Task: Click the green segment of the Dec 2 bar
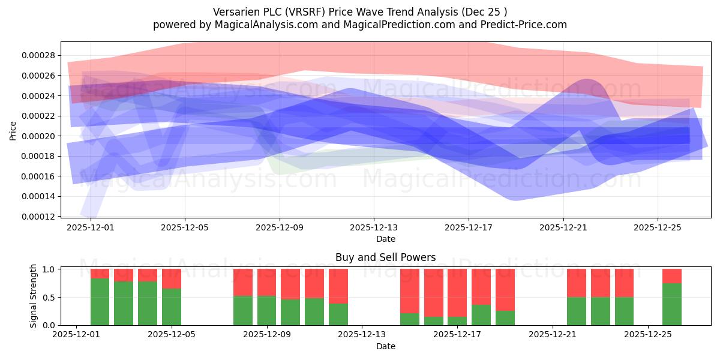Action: click(x=100, y=301)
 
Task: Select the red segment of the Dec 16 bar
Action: click(x=434, y=293)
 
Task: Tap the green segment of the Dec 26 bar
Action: click(x=672, y=304)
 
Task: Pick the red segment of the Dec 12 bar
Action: click(x=338, y=286)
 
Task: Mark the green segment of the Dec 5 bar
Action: click(x=172, y=307)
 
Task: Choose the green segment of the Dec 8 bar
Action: click(x=243, y=311)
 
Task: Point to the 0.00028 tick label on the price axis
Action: click(x=38, y=55)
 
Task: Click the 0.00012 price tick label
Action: click(x=38, y=217)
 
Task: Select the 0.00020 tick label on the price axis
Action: click(x=38, y=136)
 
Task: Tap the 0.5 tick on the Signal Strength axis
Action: click(x=49, y=298)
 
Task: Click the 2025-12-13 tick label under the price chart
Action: click(x=374, y=227)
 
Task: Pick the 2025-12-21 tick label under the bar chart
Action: click(x=553, y=335)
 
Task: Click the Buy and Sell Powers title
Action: click(x=385, y=257)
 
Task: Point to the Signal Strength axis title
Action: click(x=33, y=296)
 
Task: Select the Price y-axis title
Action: click(x=13, y=131)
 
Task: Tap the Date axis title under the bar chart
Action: click(x=386, y=346)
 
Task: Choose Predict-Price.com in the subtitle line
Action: click(x=524, y=25)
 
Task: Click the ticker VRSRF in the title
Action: click(x=308, y=12)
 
